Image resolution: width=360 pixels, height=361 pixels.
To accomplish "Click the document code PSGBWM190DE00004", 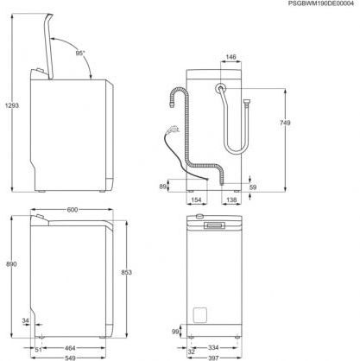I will (313, 5).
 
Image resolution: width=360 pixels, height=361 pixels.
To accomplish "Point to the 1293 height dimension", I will (9, 104).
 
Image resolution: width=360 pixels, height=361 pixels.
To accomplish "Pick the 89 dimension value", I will (163, 185).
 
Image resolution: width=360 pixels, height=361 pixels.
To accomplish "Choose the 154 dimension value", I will (197, 199).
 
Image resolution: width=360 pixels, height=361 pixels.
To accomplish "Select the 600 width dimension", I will (73, 209).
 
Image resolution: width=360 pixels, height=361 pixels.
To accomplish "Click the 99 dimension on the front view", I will (174, 331).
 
